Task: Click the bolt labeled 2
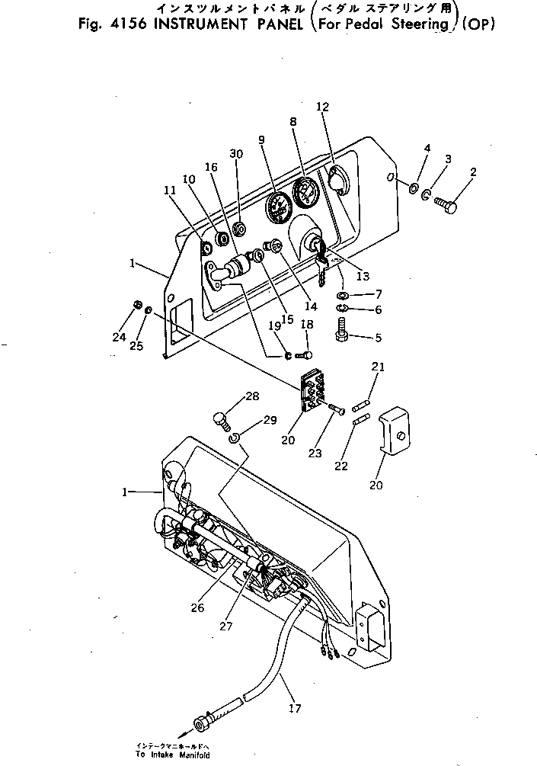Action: pyautogui.click(x=446, y=204)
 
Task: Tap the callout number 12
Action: pyautogui.click(x=322, y=107)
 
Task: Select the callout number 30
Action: pyautogui.click(x=236, y=154)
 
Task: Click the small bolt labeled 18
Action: pyautogui.click(x=305, y=353)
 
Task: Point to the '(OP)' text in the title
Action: pyautogui.click(x=479, y=23)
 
